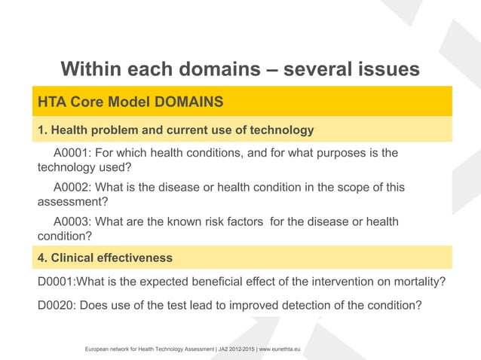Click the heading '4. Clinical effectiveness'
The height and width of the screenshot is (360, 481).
(105, 258)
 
